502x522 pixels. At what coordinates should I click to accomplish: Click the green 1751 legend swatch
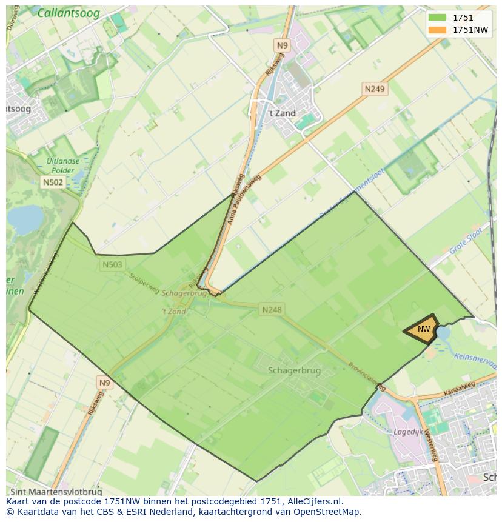(437, 18)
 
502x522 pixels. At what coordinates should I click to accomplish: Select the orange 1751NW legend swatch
(437, 30)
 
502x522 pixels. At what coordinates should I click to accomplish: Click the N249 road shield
(374, 89)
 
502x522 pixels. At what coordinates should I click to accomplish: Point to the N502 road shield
(53, 182)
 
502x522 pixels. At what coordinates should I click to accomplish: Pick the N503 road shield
(112, 264)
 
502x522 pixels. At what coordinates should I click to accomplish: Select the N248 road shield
(272, 310)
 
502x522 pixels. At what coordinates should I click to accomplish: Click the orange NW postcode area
(423, 329)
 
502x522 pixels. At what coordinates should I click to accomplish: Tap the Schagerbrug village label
(294, 370)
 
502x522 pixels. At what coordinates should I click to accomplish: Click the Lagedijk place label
(407, 432)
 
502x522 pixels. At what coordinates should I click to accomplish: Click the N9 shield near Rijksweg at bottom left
(105, 383)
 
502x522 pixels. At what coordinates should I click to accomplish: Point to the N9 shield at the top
(283, 45)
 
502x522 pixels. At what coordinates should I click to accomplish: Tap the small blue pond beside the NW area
(443, 332)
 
